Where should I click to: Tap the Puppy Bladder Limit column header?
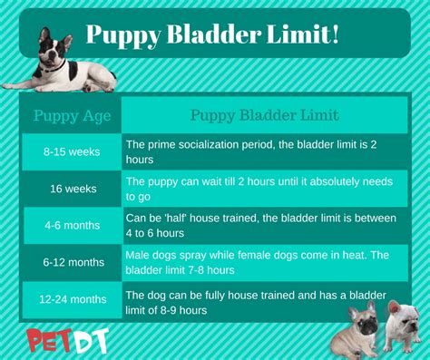click(264, 115)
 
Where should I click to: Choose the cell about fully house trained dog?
click(236, 302)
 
